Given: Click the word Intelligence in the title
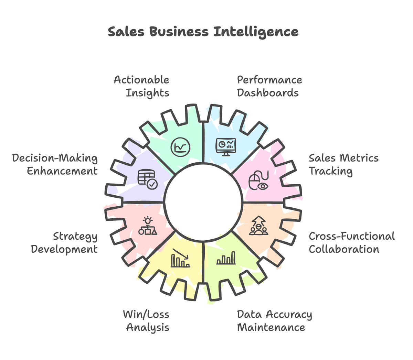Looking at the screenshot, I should pos(256,32).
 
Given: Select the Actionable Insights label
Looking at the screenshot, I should pos(141,86).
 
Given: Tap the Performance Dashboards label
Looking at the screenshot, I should pos(269,86).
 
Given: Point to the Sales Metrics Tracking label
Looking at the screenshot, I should pos(343,164).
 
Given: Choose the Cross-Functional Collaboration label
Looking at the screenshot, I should pos(351,242).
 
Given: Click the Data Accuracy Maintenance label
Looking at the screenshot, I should pos(274,320).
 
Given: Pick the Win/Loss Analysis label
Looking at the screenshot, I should pos(146,320).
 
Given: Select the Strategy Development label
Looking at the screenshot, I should pos(64,242).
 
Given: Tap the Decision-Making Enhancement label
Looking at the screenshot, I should pos(55,164).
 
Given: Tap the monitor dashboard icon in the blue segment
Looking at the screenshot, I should pos(226,147).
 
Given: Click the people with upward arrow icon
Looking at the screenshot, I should pos(258,226).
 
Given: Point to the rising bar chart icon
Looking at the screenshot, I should pos(226,258).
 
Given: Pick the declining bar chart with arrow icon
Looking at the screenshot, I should pos(180,258).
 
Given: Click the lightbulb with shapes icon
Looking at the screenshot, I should pos(148,226).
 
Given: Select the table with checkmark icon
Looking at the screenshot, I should pos(147,179).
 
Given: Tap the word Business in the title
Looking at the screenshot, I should pos(179,32).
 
